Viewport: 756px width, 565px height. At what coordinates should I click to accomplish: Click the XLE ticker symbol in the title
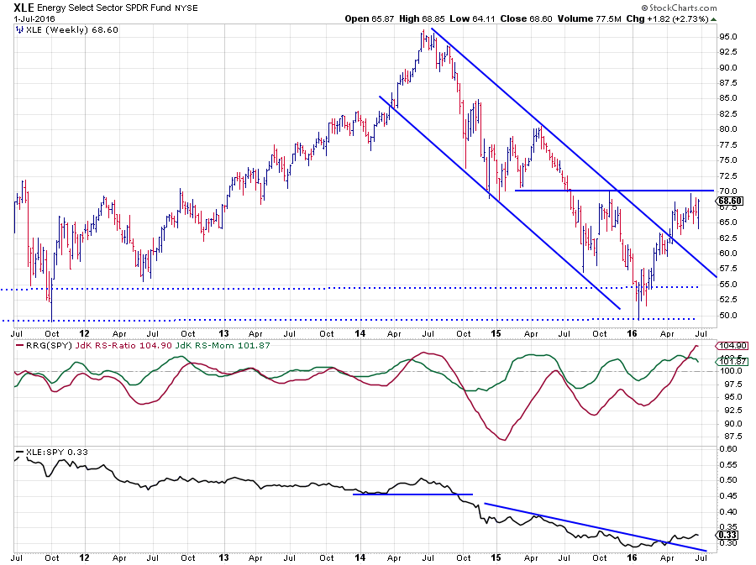click(26, 8)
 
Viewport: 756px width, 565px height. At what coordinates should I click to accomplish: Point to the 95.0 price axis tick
click(728, 36)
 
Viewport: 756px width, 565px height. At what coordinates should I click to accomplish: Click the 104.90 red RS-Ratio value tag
click(729, 346)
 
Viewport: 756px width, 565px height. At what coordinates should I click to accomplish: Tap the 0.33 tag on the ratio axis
click(727, 534)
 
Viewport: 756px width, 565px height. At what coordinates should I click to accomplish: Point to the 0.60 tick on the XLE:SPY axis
click(727, 447)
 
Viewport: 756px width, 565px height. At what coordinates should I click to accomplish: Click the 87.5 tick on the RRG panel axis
click(727, 437)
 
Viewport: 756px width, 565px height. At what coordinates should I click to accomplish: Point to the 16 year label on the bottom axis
click(633, 556)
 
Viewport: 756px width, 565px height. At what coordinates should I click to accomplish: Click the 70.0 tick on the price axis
click(728, 191)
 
